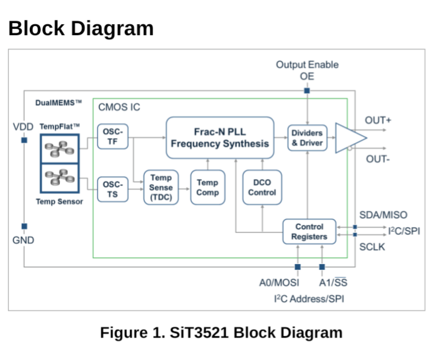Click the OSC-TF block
pyautogui.click(x=113, y=136)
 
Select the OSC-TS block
pyautogui.click(x=113, y=189)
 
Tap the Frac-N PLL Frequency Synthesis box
pyautogui.click(x=220, y=137)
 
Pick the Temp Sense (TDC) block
pyautogui.click(x=161, y=187)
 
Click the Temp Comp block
pyautogui.click(x=208, y=187)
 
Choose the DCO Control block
pyautogui.click(x=262, y=187)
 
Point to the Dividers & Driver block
pyautogui.click(x=307, y=138)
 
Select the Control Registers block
pyautogui.click(x=309, y=232)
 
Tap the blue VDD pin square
pyautogui.click(x=24, y=140)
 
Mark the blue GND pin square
pyautogui.click(x=24, y=227)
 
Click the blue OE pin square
pyautogui.click(x=307, y=91)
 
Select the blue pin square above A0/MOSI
pyautogui.click(x=298, y=267)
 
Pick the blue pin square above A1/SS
pyautogui.click(x=322, y=267)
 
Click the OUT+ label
pyautogui.click(x=378, y=120)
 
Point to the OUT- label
pyautogui.click(x=378, y=159)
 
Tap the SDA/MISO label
pyautogui.click(x=383, y=215)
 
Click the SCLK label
pyautogui.click(x=372, y=247)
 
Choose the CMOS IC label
pyautogui.click(x=119, y=107)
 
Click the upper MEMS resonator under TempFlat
pyautogui.click(x=59, y=149)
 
